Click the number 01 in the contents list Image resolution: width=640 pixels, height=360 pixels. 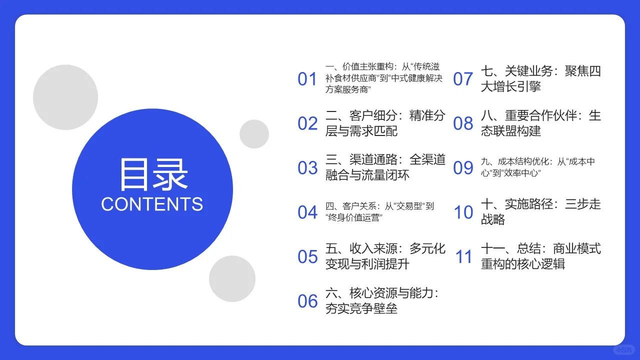[307, 79]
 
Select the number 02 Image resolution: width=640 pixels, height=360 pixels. [307, 123]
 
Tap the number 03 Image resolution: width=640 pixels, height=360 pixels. [307, 168]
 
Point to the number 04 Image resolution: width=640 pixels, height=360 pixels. [307, 212]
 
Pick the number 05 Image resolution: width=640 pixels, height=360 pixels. [307, 257]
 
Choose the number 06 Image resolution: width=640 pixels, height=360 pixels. [307, 301]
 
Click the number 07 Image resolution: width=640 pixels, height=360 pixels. [463, 79]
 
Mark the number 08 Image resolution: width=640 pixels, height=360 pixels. [463, 123]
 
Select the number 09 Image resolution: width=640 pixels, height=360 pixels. [463, 168]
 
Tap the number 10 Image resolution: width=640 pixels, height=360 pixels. [463, 212]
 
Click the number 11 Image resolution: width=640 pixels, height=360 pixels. [463, 257]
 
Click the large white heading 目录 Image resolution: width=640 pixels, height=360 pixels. [152, 174]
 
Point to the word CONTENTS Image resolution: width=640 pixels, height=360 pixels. [152, 204]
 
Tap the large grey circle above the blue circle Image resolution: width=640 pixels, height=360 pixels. [65, 97]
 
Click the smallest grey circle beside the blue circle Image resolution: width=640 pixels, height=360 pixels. [254, 134]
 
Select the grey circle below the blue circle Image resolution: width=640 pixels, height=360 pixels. [232, 279]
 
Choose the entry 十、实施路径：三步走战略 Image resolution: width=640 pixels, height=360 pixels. [540, 212]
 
